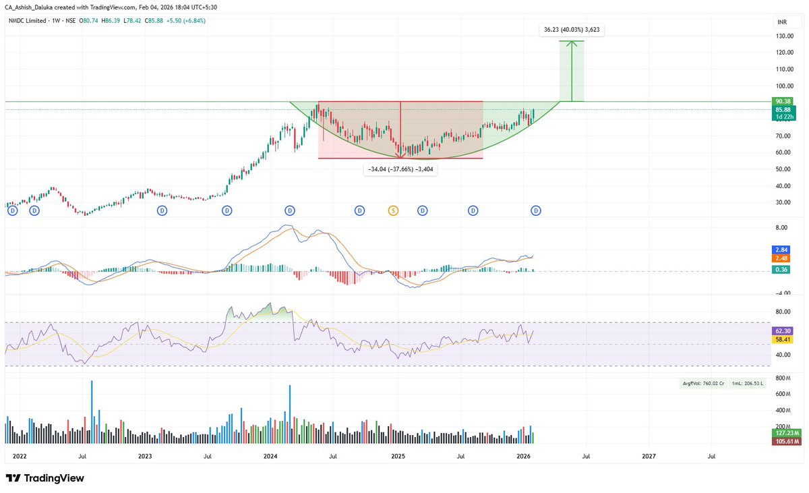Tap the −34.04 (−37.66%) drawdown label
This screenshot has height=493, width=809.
pos(400,169)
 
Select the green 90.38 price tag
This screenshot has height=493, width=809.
pos(783,101)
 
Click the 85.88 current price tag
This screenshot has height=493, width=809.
pos(783,110)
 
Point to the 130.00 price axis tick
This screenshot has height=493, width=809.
pos(783,36)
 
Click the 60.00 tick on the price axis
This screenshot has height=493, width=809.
pos(783,152)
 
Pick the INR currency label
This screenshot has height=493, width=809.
pos(783,22)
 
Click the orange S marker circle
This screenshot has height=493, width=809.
pos(393,211)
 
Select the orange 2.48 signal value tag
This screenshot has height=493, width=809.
pos(783,258)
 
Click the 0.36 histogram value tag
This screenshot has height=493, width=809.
pos(783,270)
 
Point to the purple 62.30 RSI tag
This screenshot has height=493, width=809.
pos(783,332)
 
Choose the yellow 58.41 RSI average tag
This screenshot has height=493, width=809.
pos(783,341)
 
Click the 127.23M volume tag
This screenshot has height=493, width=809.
pos(785,434)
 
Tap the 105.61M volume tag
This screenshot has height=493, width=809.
pos(785,442)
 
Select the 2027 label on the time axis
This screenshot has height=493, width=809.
pos(649,457)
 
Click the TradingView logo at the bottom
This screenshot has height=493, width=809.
pos(46,478)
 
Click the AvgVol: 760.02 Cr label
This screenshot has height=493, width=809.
pos(702,384)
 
